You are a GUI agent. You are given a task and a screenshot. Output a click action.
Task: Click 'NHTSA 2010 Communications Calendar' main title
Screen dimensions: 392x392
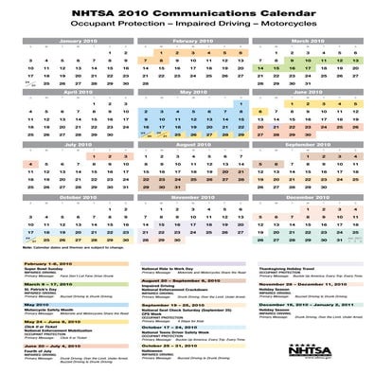click(195, 11)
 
